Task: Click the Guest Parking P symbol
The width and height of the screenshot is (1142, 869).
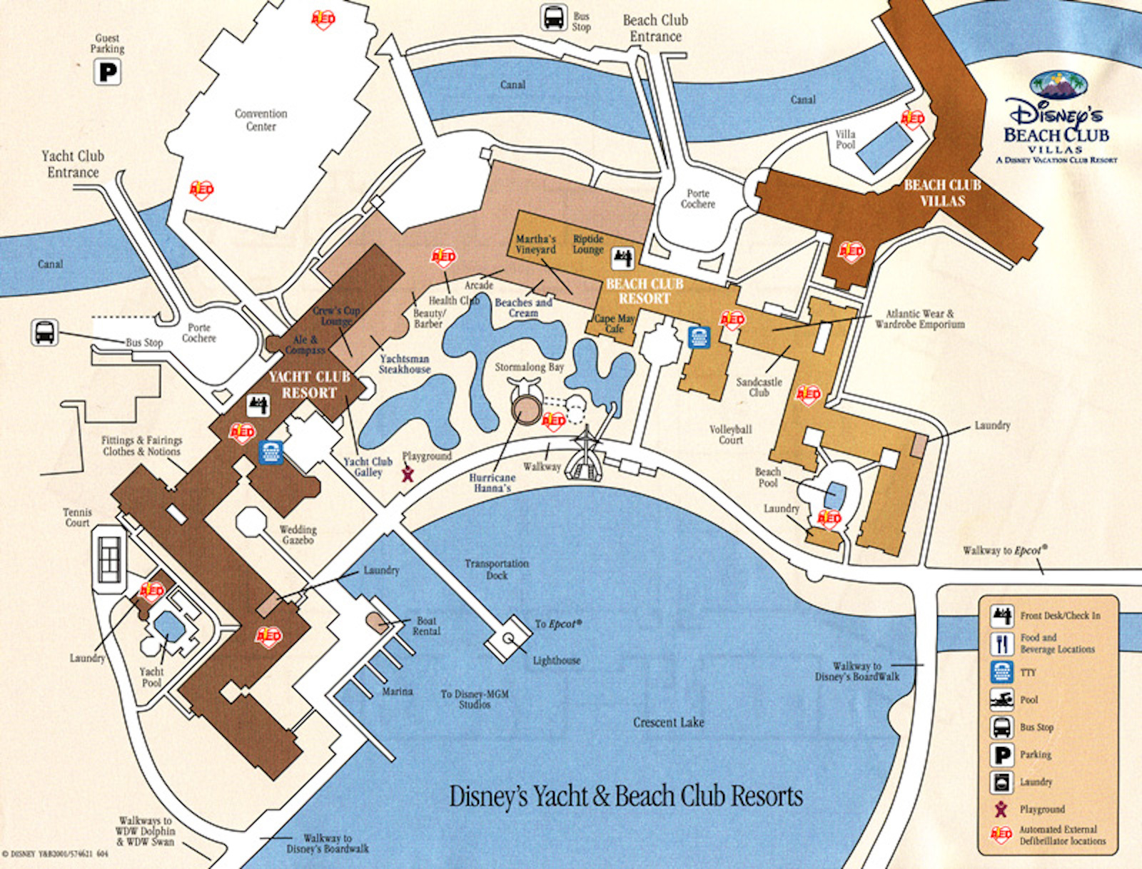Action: [107, 72]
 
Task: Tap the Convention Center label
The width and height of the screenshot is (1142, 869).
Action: [261, 120]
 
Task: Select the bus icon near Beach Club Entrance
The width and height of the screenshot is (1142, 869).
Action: [554, 17]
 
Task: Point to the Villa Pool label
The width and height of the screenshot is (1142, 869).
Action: [845, 139]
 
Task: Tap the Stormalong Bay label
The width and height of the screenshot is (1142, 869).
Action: [529, 367]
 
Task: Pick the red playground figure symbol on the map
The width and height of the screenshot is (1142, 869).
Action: [408, 473]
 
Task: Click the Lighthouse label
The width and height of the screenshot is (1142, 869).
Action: [556, 661]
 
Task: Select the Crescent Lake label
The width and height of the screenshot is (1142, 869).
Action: [668, 723]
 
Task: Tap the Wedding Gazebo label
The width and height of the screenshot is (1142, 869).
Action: [298, 534]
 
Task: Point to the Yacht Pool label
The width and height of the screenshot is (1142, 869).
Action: [151, 677]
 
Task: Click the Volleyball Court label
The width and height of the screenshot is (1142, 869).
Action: [730, 434]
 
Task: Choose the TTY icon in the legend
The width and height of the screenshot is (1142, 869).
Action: [1001, 672]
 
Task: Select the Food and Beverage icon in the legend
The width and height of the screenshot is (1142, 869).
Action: [1001, 644]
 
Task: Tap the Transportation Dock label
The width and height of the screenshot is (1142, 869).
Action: [497, 569]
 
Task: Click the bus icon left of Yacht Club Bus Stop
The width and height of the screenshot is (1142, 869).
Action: [44, 332]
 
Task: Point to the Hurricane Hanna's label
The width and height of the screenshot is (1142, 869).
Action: [492, 483]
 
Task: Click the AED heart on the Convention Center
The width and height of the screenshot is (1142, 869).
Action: [201, 190]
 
